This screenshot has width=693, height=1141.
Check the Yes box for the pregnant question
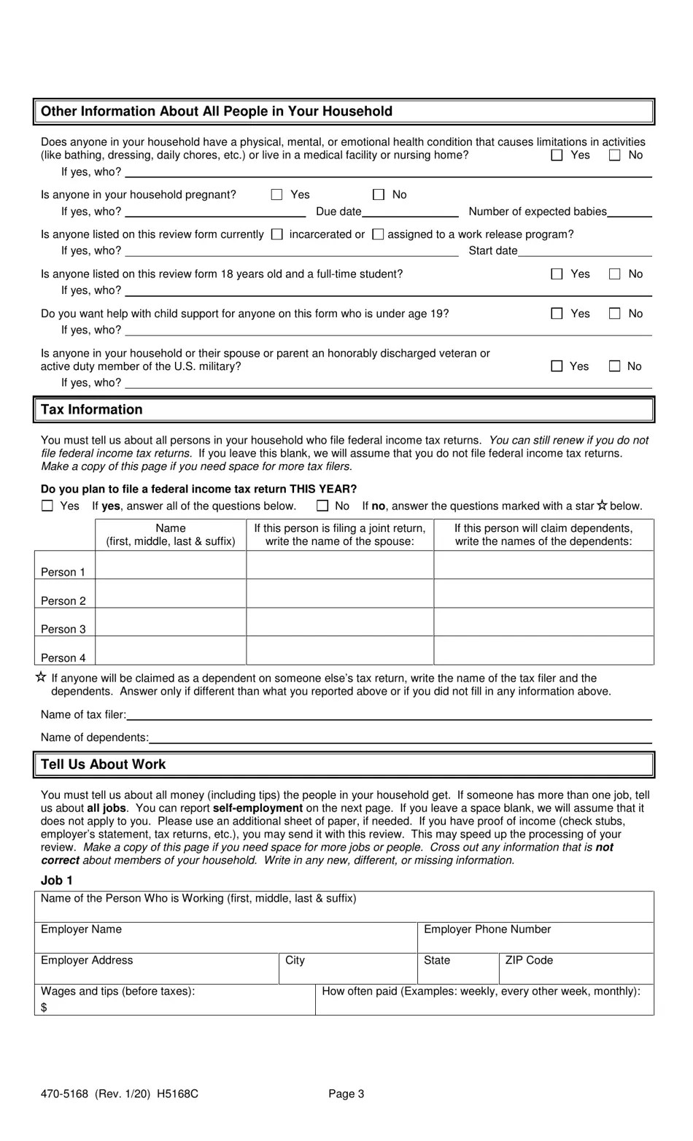pos(276,195)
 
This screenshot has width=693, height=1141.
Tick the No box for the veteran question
pos(615,366)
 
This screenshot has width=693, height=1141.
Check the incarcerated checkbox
pos(276,234)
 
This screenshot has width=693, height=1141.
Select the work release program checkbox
pos(378,234)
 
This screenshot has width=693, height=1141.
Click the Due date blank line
pos(410,212)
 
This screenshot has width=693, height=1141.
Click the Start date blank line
pos(584,252)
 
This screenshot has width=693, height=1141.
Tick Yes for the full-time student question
pos(557,274)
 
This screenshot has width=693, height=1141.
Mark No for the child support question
pos(615,314)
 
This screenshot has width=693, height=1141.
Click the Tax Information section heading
pos(92,409)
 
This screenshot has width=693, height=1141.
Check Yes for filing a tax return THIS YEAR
pos(48,506)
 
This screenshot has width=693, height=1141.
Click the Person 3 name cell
pos(170,622)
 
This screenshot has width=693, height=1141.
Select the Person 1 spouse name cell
pos(339,565)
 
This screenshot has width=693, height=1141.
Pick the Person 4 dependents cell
pos(543,651)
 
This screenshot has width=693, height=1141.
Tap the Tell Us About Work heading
pos(104,764)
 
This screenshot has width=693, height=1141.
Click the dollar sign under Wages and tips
pos(44,1007)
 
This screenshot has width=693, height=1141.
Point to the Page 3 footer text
pos(346,1094)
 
